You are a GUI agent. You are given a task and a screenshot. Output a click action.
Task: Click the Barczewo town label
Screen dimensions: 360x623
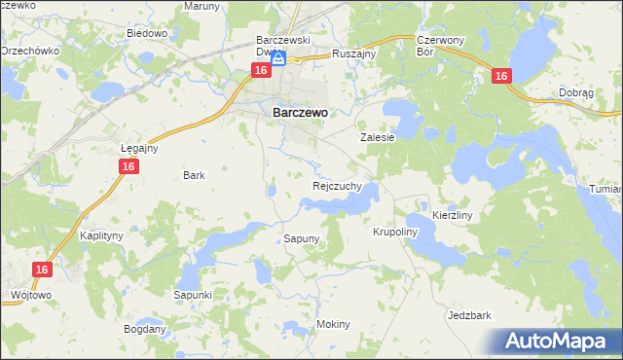[x=299, y=112]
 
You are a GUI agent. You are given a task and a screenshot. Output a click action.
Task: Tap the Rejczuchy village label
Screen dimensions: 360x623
[x=338, y=185]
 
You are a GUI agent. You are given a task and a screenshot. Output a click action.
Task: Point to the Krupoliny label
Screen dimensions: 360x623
[x=395, y=233]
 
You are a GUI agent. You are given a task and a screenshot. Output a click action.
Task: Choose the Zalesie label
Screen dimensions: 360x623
[x=378, y=138]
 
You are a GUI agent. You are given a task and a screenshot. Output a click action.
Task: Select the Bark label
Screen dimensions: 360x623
[x=194, y=176]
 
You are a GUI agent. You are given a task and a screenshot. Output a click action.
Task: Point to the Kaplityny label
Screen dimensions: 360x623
[x=100, y=236]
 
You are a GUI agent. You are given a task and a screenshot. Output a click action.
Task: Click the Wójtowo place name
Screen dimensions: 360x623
[x=29, y=293]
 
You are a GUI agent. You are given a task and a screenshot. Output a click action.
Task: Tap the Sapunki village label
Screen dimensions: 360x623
[x=192, y=294]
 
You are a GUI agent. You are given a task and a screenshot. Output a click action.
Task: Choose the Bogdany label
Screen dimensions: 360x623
[x=144, y=329]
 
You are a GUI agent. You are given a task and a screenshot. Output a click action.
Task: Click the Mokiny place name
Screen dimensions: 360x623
[x=333, y=324]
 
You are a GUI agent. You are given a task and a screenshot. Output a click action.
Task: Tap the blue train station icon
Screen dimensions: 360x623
[x=278, y=59]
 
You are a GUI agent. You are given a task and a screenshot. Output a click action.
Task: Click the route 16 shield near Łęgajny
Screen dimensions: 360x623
[x=128, y=167]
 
